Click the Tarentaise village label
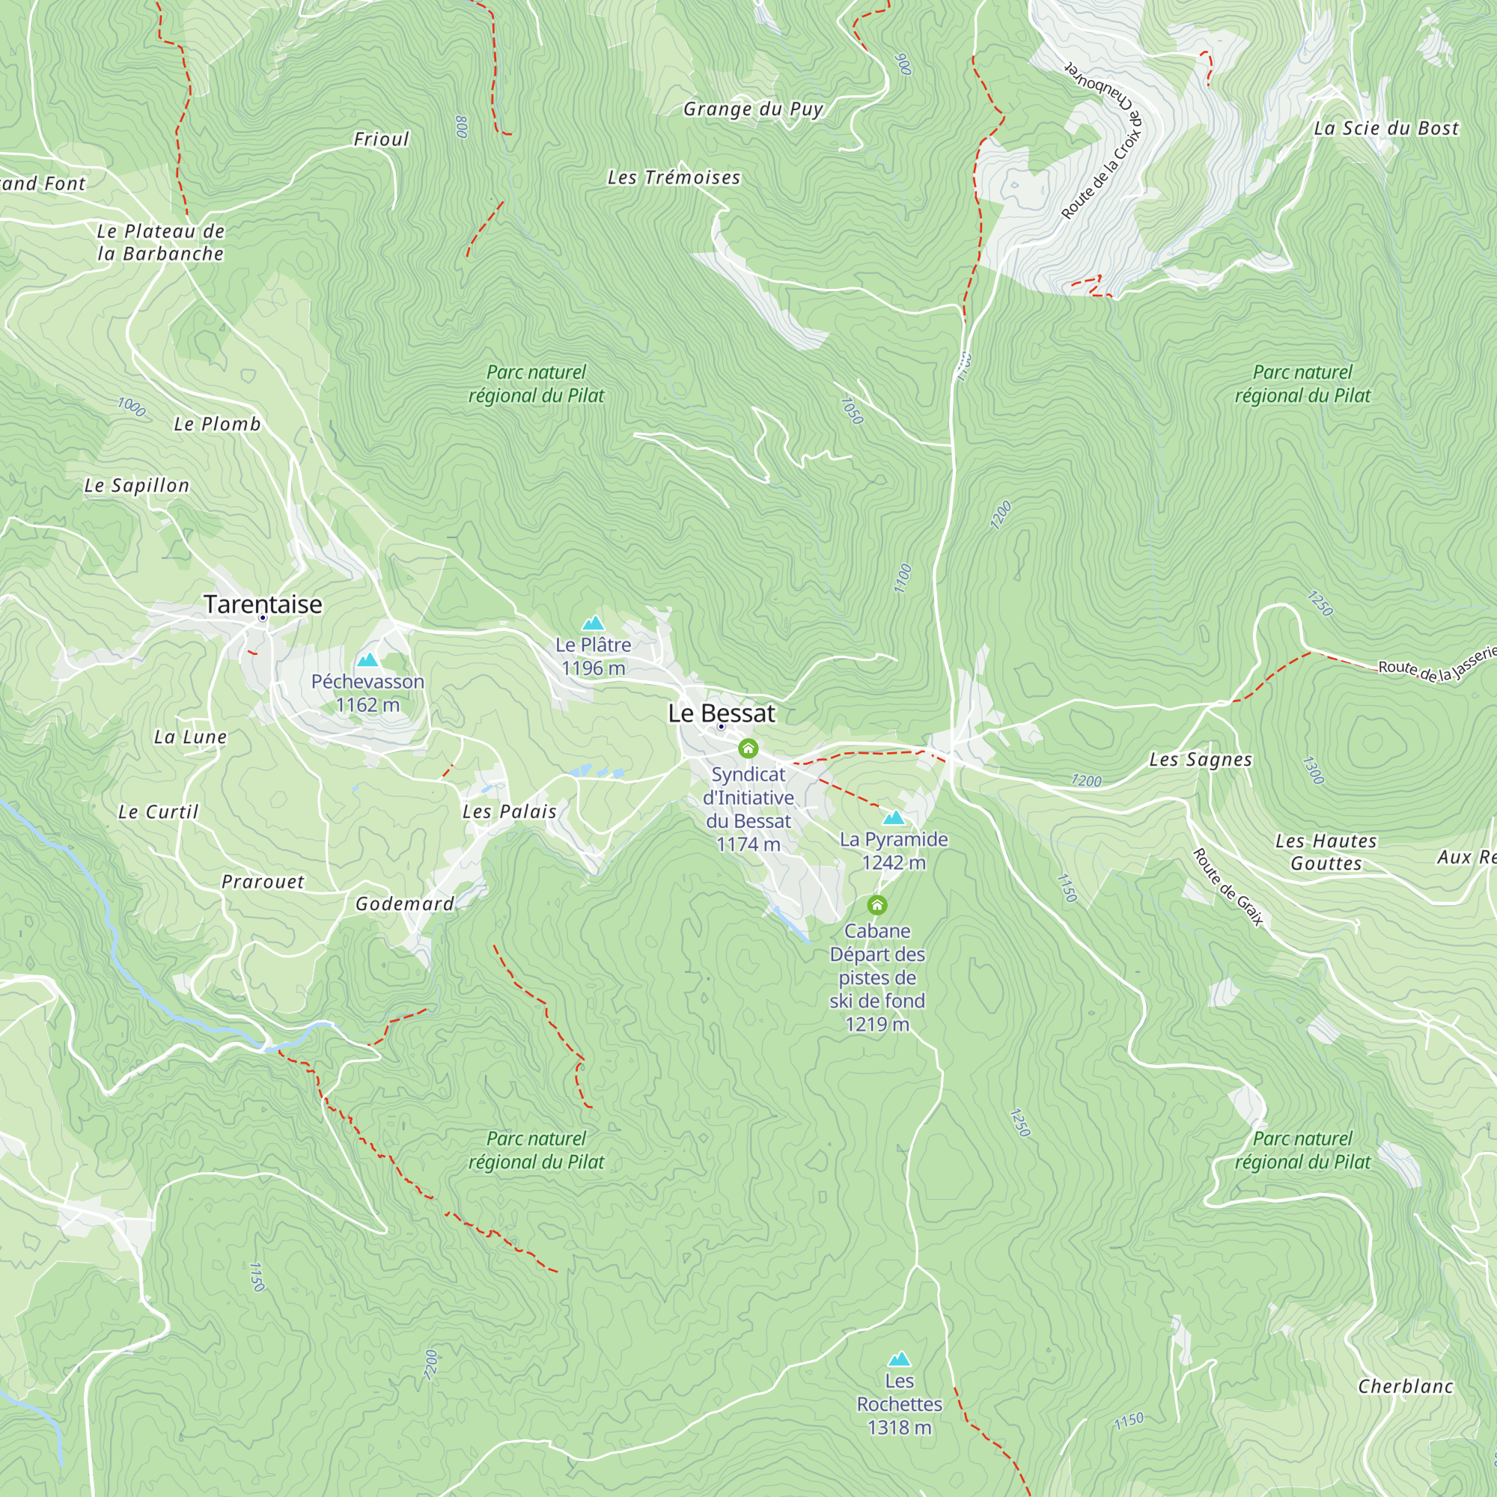point(263,603)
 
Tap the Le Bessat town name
point(722,713)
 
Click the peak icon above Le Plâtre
point(593,623)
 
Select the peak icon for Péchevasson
point(368,660)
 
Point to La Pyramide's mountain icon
point(894,817)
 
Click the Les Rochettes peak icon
point(899,1359)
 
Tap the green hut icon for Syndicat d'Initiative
point(748,748)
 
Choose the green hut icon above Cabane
point(877,905)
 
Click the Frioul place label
point(381,139)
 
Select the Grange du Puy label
point(752,109)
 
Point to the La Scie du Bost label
point(1386,129)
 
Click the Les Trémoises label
point(674,177)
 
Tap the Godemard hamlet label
point(404,903)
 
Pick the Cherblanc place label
point(1406,1386)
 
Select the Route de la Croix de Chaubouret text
point(1103,144)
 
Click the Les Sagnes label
point(1201,759)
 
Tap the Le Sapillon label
point(136,486)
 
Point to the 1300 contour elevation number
point(1313,770)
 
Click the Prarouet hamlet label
point(263,882)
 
